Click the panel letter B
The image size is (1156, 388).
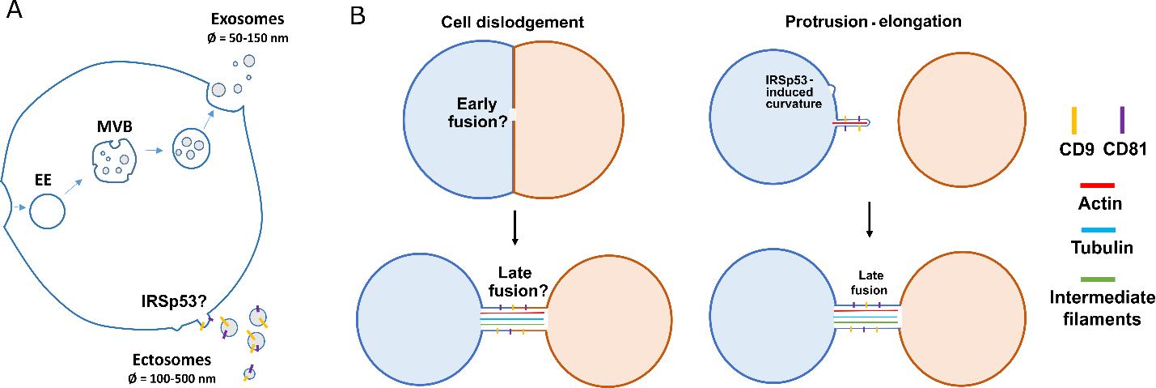tap(358, 16)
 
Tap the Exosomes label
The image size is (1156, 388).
tap(248, 19)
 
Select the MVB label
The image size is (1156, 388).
tap(115, 126)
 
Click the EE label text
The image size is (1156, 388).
tap(44, 180)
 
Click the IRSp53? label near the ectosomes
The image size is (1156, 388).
tap(174, 301)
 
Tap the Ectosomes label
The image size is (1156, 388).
tap(171, 360)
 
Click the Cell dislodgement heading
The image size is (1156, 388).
tap(512, 22)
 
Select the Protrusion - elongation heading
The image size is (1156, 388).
tap(873, 21)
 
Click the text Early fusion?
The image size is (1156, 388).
tap(477, 113)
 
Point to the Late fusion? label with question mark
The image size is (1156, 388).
tap(518, 282)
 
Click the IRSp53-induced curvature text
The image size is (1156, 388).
tap(794, 92)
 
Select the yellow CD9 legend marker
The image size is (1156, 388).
tap(1074, 121)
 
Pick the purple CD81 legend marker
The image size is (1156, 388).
tap(1122, 121)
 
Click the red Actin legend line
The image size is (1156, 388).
tap(1097, 185)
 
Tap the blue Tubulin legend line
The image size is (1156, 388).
tap(1098, 230)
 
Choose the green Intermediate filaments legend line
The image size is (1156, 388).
tap(1097, 279)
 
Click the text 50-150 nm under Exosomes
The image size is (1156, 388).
tap(259, 38)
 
